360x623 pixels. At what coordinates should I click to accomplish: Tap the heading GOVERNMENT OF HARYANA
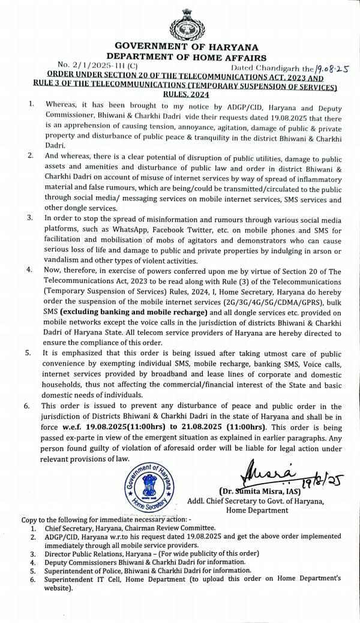(187, 46)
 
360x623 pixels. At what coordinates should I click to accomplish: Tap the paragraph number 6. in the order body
(29, 406)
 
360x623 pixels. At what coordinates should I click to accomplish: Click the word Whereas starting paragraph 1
(62, 104)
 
